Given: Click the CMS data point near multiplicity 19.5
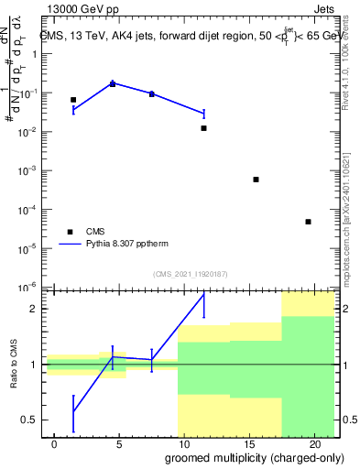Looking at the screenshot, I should click(x=308, y=222).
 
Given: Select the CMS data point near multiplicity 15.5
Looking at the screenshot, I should click(x=256, y=180).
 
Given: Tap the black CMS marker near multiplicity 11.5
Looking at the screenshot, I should click(x=203, y=128).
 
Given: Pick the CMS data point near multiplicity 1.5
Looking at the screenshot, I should click(x=73, y=99).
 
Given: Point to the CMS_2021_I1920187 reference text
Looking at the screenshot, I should click(x=190, y=274).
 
